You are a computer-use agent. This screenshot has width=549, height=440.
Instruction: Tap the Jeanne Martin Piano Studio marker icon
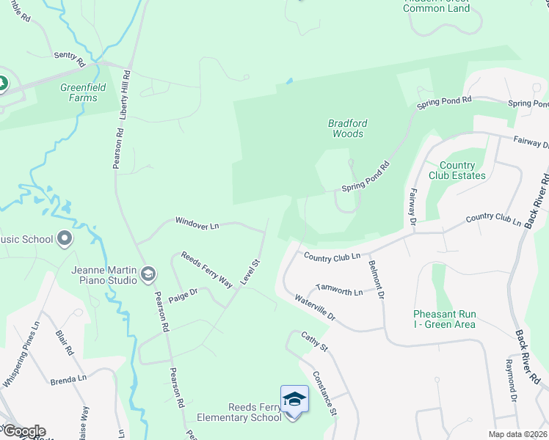coord(148,274)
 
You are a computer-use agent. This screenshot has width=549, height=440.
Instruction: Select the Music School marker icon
coord(65,238)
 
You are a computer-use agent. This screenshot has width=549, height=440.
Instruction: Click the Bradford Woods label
coord(346,128)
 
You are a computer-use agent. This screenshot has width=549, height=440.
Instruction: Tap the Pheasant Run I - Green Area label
coord(444,319)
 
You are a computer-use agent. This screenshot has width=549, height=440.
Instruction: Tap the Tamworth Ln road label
coord(338,292)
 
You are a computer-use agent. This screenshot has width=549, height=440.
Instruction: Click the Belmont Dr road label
coord(377,280)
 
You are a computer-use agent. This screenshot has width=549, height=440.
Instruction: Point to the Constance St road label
coord(324,392)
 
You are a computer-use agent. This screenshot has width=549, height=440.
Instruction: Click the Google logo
coord(23,430)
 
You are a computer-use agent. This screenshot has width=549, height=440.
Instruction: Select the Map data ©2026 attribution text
coord(517,434)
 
